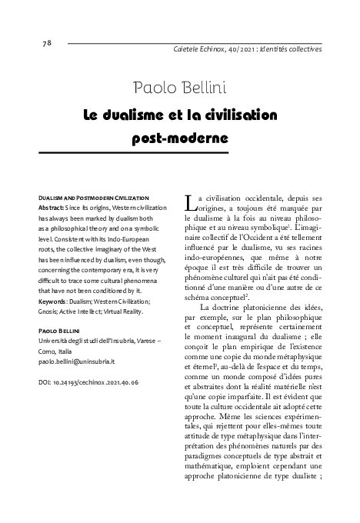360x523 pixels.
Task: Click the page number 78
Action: pos(46,42)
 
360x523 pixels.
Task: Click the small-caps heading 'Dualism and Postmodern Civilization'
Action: pos(93,198)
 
